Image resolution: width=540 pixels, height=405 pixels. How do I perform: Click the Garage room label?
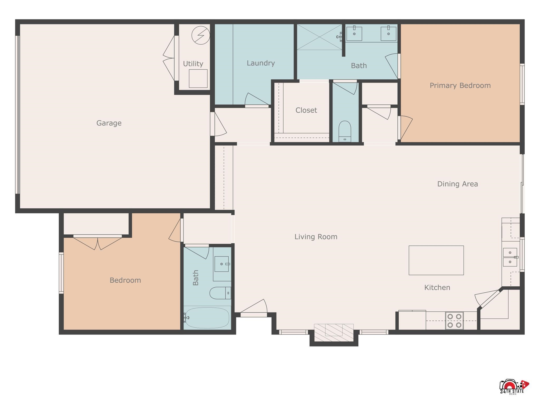coord(109,123)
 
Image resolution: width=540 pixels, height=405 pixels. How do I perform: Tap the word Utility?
coord(193,64)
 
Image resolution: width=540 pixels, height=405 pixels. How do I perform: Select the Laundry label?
coord(261,63)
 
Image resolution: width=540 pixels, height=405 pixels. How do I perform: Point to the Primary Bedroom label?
coord(460,85)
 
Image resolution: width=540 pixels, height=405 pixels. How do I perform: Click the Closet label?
coord(306,110)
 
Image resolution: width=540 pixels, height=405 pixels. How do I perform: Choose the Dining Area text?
coord(457,184)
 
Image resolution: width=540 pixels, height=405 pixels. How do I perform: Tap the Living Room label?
coord(316,237)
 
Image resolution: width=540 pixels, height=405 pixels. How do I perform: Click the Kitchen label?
coord(437,287)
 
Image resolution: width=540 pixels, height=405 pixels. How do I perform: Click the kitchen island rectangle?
coord(436,260)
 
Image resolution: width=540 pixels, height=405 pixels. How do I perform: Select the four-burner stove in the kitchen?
coord(454,321)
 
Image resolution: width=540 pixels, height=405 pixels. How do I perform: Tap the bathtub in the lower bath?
coord(207,318)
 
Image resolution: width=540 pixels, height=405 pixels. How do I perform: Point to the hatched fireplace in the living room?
coord(334,333)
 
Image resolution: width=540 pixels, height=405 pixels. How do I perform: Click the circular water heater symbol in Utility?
coord(201,35)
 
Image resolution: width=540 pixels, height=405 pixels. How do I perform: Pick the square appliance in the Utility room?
coord(198,79)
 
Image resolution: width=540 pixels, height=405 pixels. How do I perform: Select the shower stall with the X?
coord(320,37)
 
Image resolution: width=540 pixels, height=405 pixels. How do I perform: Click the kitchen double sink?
coord(510,257)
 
